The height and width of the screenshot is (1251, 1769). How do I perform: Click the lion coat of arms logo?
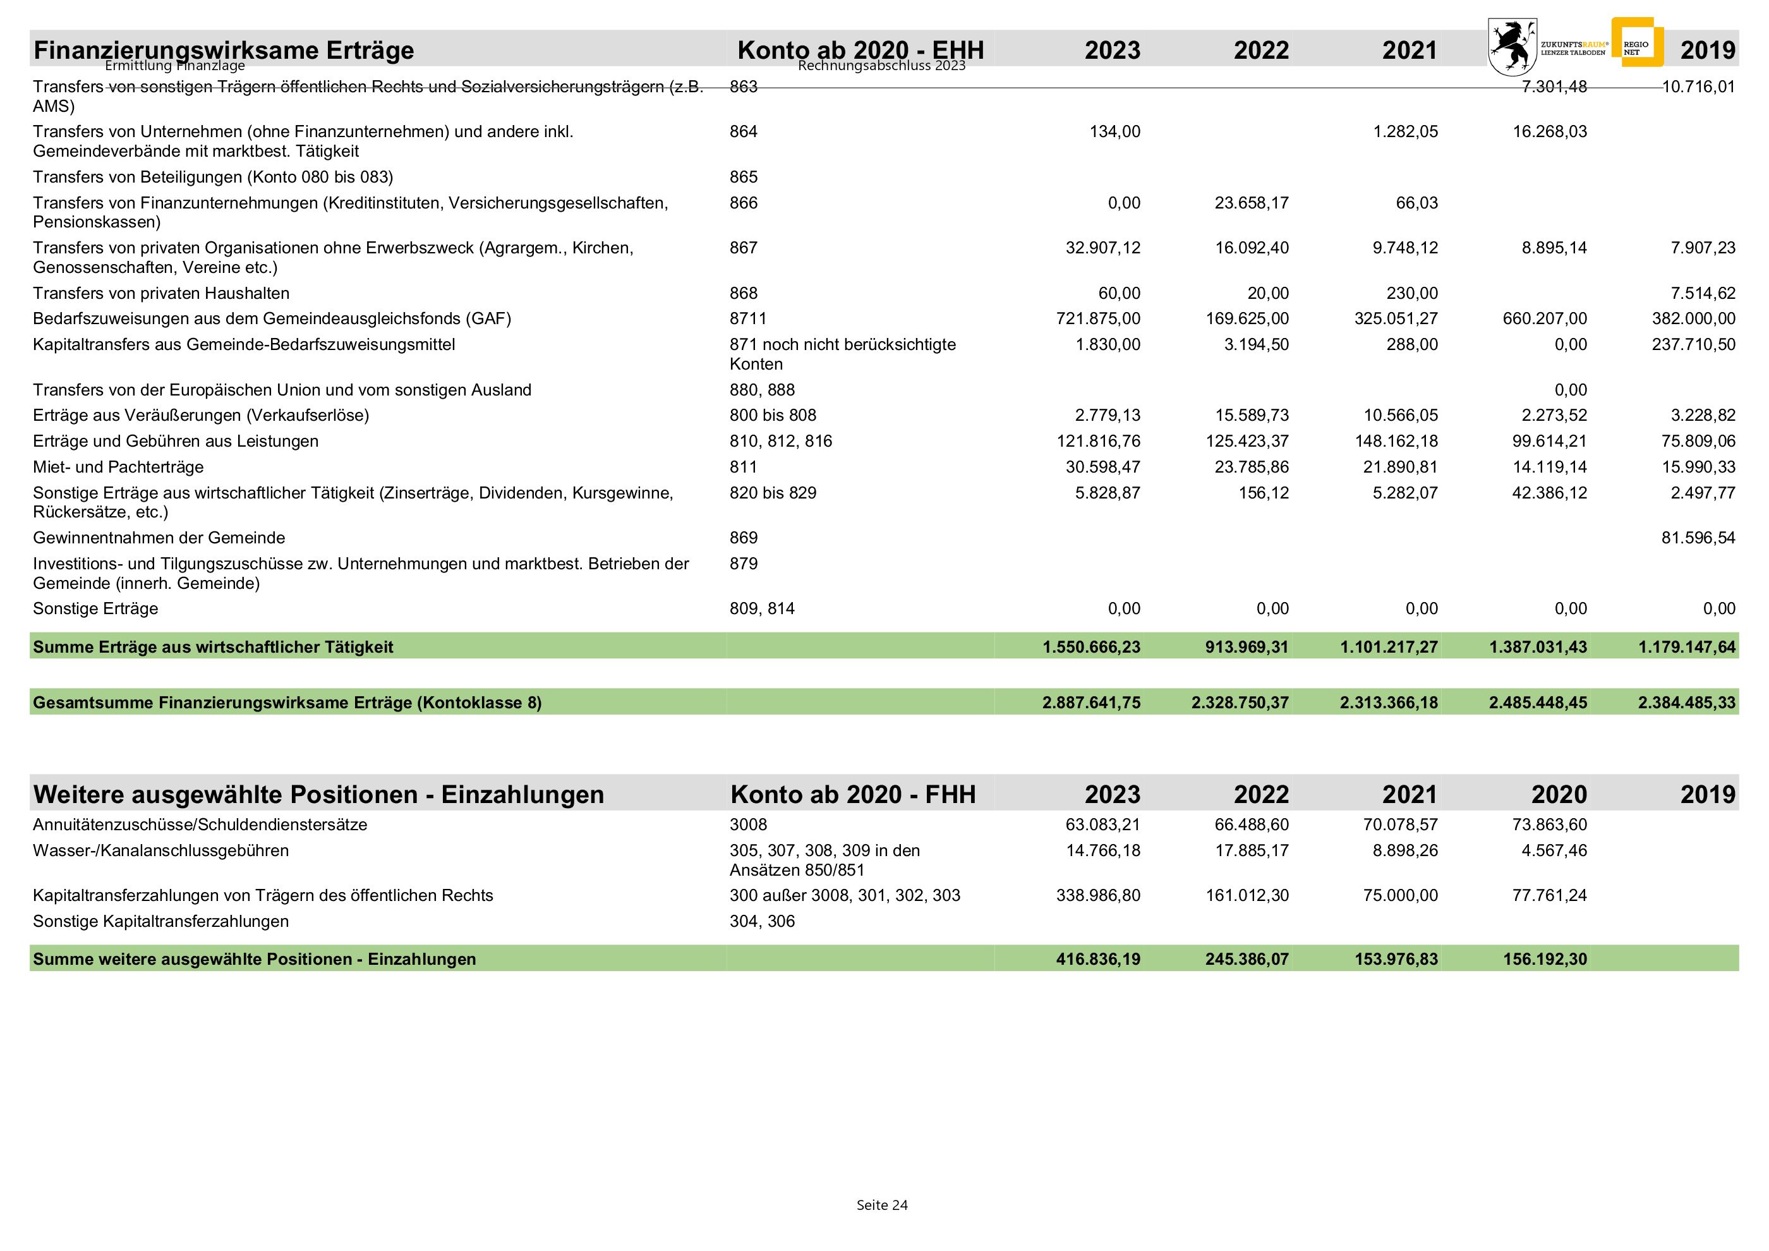click(1512, 46)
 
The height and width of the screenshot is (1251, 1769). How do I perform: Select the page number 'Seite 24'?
click(882, 1205)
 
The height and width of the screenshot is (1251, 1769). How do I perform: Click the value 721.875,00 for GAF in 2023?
click(1098, 318)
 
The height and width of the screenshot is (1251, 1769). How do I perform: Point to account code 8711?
click(747, 318)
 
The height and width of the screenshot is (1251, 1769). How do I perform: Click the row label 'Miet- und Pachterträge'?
click(118, 467)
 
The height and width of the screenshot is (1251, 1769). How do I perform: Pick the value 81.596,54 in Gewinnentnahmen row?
click(1698, 538)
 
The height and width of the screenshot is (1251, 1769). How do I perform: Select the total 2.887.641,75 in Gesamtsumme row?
click(1091, 703)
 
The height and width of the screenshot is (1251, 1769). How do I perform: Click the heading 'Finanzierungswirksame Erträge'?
click(224, 50)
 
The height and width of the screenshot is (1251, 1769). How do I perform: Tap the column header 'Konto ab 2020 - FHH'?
click(853, 794)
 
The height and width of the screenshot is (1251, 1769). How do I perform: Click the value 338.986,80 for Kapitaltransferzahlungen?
click(1098, 895)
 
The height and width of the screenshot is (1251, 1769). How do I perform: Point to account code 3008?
click(748, 825)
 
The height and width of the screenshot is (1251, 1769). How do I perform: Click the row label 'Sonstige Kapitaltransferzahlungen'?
click(160, 921)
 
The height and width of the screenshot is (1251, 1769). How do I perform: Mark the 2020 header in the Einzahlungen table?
click(1559, 794)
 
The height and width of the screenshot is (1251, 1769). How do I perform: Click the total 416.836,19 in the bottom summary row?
click(1098, 959)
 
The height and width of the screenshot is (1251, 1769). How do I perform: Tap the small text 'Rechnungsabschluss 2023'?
click(881, 66)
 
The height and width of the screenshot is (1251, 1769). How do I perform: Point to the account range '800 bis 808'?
click(773, 415)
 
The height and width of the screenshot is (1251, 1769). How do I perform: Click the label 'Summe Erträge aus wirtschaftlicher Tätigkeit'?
click(213, 647)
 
